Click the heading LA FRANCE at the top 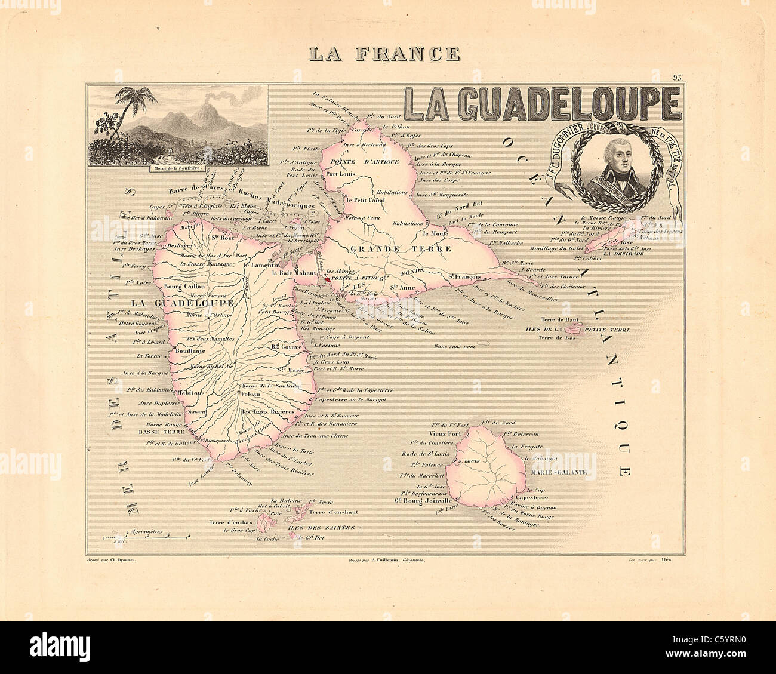click(384, 54)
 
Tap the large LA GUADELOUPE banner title click(542, 103)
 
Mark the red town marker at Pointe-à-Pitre click(327, 279)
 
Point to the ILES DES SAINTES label click(321, 528)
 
